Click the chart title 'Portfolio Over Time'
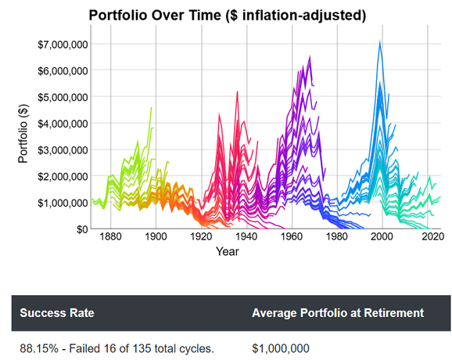pyautogui.click(x=155, y=15)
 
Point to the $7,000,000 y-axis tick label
pyautogui.click(x=63, y=45)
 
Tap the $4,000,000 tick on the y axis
pyautogui.click(x=63, y=124)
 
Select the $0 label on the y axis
pyautogui.click(x=81, y=229)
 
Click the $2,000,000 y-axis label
pyautogui.click(x=63, y=176)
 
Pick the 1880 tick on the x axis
pyautogui.click(x=111, y=237)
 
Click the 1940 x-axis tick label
pyautogui.click(x=246, y=237)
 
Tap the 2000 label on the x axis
pyautogui.click(x=382, y=237)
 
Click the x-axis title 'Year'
pyautogui.click(x=228, y=251)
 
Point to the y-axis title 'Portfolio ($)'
pyautogui.click(x=23, y=134)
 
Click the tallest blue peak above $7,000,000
pyautogui.click(x=380, y=41)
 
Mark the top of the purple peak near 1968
pyautogui.click(x=310, y=56)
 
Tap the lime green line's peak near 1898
pyautogui.click(x=152, y=107)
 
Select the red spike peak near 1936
pyautogui.click(x=237, y=92)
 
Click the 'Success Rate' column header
pyautogui.click(x=57, y=313)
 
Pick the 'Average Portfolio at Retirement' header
pyautogui.click(x=338, y=313)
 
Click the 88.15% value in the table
pyautogui.click(x=39, y=348)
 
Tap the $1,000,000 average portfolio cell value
pyautogui.click(x=281, y=348)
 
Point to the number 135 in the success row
pyautogui.click(x=142, y=348)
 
